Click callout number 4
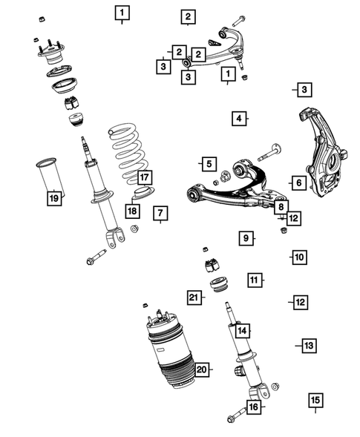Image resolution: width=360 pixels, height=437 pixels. [239, 119]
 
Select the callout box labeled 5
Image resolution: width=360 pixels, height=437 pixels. [209, 164]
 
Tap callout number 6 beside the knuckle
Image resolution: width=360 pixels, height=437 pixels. [299, 183]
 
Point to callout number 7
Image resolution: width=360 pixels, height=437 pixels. [160, 213]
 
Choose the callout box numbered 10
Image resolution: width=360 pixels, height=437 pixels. [299, 257]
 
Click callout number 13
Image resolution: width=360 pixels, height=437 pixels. [309, 346]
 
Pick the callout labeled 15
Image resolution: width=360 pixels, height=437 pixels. [315, 401]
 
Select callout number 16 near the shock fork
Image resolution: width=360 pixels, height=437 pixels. [254, 407]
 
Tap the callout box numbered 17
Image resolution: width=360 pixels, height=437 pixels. [145, 177]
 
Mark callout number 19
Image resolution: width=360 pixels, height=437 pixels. [54, 198]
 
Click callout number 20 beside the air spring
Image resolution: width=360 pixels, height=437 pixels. [202, 369]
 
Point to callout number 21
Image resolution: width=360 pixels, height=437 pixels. [194, 298]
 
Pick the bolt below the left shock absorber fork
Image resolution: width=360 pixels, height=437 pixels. [96, 257]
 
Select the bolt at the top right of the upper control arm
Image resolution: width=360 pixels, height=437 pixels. [238, 22]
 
